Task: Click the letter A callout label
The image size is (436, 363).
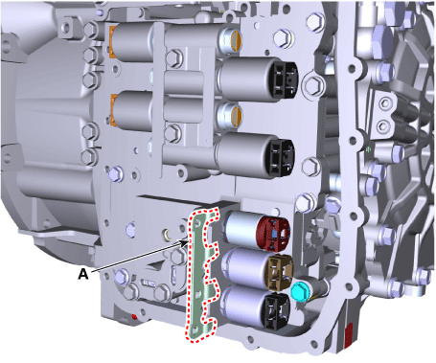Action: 83,274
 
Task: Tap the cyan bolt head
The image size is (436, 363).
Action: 299,291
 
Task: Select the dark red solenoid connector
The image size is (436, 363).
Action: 273,234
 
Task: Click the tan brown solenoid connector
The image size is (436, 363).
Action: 280,272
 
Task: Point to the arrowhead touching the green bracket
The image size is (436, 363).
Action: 185,242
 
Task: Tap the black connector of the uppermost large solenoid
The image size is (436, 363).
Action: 285,79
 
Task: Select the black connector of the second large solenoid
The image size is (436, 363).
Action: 282,158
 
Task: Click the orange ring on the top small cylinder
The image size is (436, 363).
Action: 237,41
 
